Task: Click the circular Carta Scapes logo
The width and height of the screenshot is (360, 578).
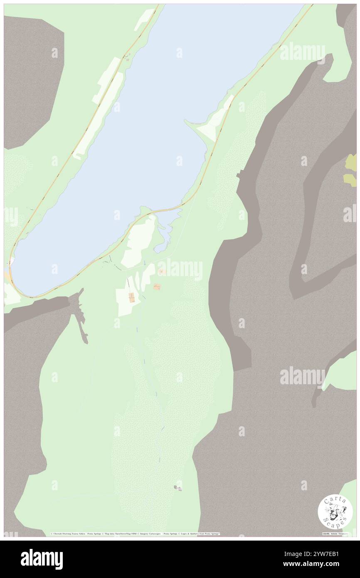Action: [x=335, y=511]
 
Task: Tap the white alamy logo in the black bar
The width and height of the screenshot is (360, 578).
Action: [x=42, y=559]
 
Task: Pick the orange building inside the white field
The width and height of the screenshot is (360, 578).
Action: [x=131, y=297]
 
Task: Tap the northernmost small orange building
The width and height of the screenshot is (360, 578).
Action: [x=162, y=272]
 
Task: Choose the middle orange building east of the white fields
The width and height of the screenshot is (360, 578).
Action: [x=157, y=287]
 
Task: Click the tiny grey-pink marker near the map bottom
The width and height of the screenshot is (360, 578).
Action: [x=178, y=488]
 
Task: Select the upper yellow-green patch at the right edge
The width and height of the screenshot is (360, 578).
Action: [x=352, y=162]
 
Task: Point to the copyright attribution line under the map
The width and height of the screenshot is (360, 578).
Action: [x=135, y=534]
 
